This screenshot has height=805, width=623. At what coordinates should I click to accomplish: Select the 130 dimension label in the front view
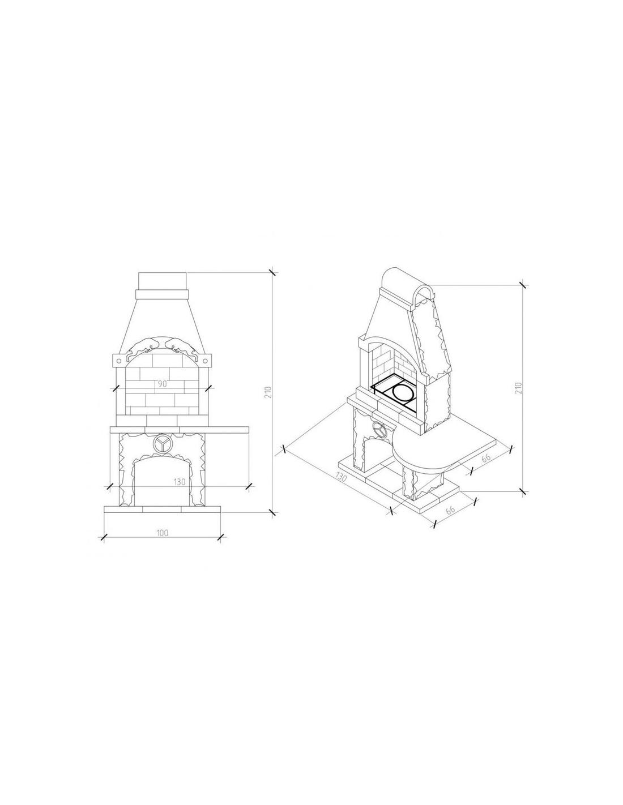tap(180, 482)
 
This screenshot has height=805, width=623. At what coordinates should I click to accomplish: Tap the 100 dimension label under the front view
tap(162, 533)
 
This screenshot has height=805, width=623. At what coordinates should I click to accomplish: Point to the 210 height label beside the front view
tap(269, 392)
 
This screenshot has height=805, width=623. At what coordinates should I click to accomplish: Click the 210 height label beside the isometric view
tap(518, 388)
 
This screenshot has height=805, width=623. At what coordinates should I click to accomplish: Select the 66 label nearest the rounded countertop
tap(486, 458)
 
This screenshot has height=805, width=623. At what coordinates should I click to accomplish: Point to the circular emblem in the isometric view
tap(379, 429)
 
